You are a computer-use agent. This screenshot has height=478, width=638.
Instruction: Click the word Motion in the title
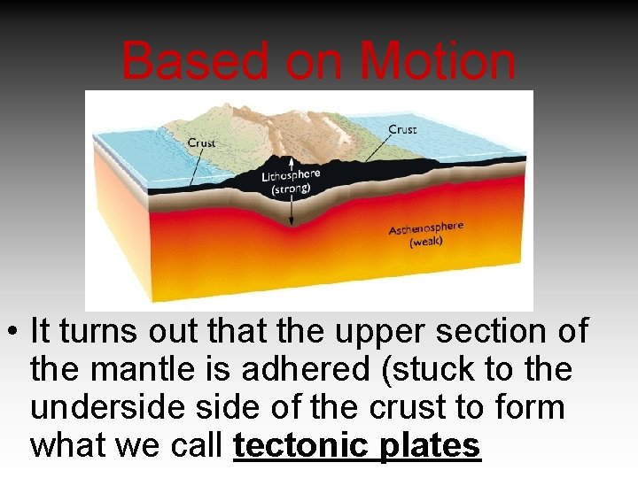[439, 62]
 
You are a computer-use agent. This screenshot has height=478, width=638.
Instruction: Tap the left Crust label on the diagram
[202, 143]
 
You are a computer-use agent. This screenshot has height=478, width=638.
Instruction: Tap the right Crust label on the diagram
[402, 129]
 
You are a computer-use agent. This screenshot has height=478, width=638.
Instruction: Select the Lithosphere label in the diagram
[291, 176]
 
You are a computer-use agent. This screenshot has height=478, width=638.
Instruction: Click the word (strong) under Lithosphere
[291, 189]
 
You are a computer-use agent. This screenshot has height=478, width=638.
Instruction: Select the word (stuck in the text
[421, 369]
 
